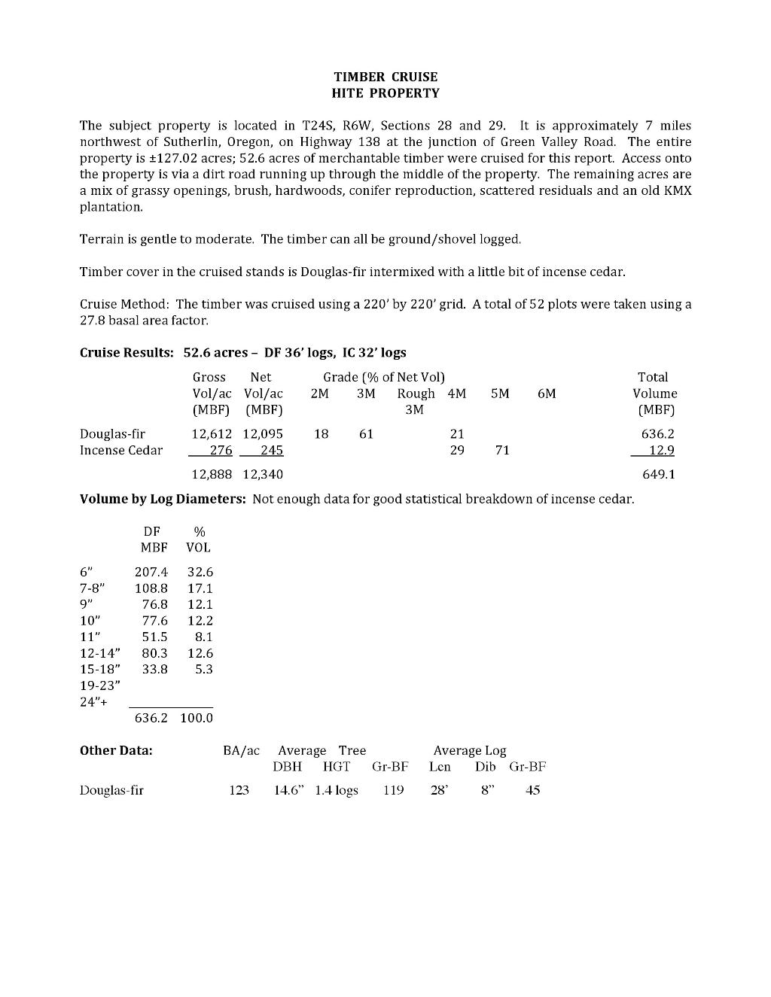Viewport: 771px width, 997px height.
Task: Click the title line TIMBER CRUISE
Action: tap(385, 77)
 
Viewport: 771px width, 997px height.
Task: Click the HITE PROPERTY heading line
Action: tap(385, 93)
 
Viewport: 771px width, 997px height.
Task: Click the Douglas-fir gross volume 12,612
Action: tap(212, 434)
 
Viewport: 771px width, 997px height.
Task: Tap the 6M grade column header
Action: tap(547, 394)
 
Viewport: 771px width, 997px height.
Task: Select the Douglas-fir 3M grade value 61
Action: tap(366, 434)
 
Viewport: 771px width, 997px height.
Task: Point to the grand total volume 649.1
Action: tap(659, 475)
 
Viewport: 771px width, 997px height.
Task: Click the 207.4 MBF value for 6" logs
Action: tap(151, 573)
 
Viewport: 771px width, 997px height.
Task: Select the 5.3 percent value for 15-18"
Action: tap(203, 670)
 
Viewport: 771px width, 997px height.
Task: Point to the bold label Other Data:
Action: tap(116, 751)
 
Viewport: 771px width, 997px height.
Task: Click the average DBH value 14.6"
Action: tap(289, 791)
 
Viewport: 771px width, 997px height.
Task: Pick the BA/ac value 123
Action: tap(239, 791)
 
